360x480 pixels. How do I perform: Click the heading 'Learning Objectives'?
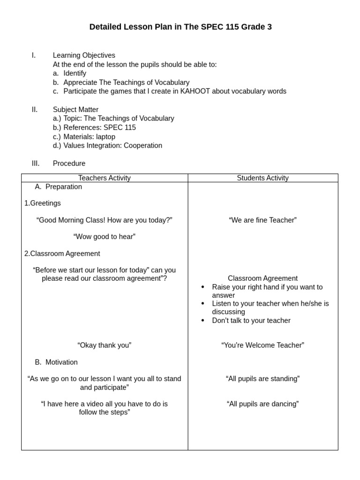[84, 55]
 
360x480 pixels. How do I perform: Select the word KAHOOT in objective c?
[195, 91]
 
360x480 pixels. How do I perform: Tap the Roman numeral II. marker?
[35, 110]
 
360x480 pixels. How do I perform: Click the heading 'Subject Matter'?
[75, 110]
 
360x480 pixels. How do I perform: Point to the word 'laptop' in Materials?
[105, 137]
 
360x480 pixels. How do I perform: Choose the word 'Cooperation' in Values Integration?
[142, 146]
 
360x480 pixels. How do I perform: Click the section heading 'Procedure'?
[69, 164]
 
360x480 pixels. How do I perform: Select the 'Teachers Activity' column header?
[104, 178]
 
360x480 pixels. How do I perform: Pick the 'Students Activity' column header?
[262, 178]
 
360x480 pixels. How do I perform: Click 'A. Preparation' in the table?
[59, 187]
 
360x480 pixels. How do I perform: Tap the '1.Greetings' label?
[43, 203]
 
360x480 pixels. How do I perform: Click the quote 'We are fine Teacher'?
[262, 220]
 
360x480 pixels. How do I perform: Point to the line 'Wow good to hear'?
[104, 237]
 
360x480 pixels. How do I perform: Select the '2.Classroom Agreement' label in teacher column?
[62, 254]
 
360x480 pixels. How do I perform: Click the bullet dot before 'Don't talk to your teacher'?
[202, 321]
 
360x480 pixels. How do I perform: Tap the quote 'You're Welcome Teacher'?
[262, 345]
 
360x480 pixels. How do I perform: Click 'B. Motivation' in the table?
[57, 362]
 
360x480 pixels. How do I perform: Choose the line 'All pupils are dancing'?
[262, 404]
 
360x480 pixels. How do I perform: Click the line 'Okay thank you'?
[104, 345]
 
